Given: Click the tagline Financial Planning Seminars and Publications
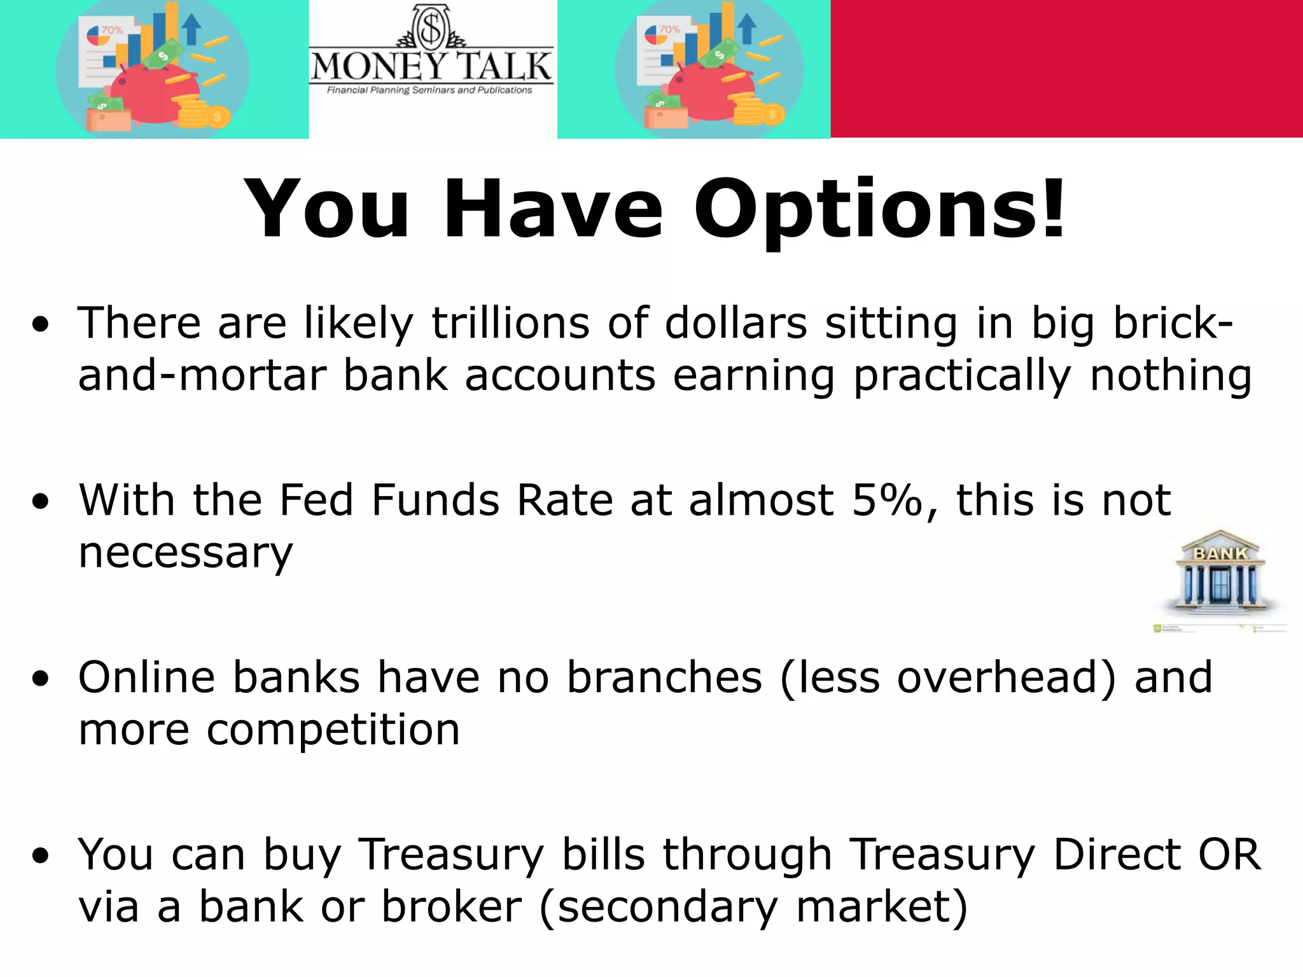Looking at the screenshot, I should pos(429,90).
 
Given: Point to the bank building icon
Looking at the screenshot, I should pos(1219,572).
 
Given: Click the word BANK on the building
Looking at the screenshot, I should pos(1220,553).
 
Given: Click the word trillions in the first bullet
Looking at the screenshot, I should pos(511,323).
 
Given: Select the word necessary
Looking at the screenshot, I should pos(185,552).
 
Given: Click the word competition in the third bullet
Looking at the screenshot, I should pos(333,729).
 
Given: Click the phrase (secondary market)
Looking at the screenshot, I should pos(753,906).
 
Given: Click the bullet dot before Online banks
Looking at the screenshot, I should pos(41,679).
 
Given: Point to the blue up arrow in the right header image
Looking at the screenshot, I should pos(748,29).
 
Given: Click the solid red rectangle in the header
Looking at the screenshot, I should pos(1066,69).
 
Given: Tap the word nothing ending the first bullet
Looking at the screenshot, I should pos(1171,375).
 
